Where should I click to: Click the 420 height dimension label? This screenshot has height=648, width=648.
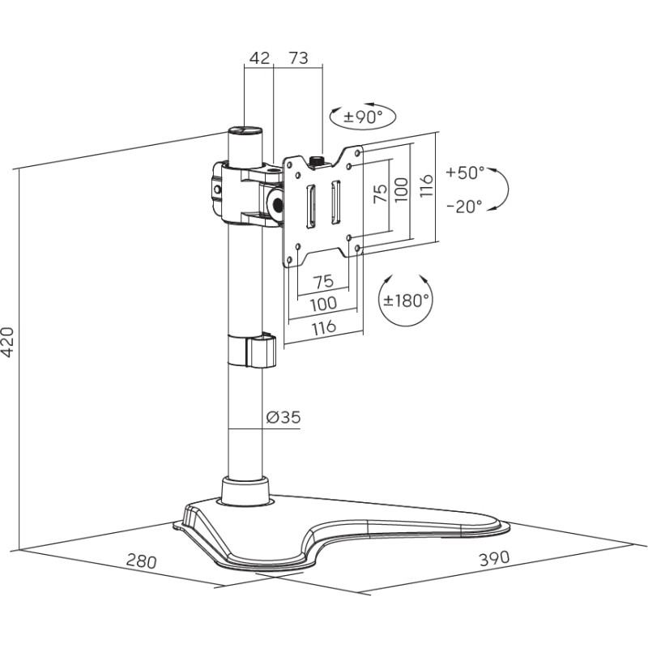click(x=8, y=342)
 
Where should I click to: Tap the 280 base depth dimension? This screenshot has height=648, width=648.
click(x=141, y=561)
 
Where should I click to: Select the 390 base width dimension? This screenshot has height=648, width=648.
click(x=494, y=558)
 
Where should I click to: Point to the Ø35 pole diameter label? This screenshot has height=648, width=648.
click(x=283, y=417)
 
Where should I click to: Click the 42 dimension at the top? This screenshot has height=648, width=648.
click(x=260, y=58)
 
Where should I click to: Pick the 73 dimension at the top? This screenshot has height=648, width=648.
click(x=298, y=58)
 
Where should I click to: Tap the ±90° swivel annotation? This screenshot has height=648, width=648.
click(x=363, y=117)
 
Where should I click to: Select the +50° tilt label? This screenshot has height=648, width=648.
click(x=465, y=173)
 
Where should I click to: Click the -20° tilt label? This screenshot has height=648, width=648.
click(x=464, y=206)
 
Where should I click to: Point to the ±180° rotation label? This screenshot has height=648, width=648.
click(x=406, y=301)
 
